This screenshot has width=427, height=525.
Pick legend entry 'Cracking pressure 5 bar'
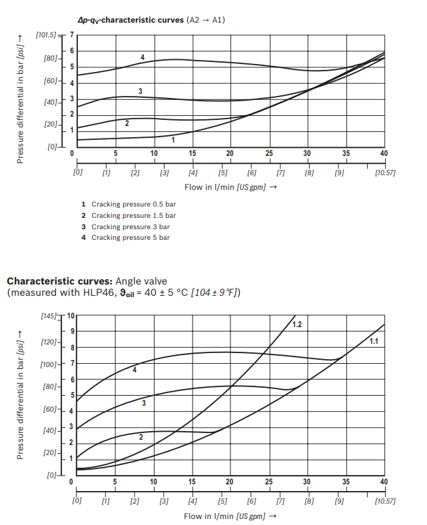130,237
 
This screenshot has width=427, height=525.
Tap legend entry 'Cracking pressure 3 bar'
130,227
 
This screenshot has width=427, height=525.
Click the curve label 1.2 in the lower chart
297,324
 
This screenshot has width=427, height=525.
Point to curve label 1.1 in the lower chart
374,341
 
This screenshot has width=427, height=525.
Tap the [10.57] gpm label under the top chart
384,173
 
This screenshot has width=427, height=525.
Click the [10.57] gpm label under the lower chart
384,500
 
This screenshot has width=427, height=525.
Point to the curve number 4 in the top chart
143,57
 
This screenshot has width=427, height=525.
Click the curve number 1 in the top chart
173,140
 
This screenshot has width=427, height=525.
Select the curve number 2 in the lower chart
141,437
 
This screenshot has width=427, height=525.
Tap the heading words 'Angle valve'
138,280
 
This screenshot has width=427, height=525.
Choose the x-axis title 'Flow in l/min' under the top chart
209,187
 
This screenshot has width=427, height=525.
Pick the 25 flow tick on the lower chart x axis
269,482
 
